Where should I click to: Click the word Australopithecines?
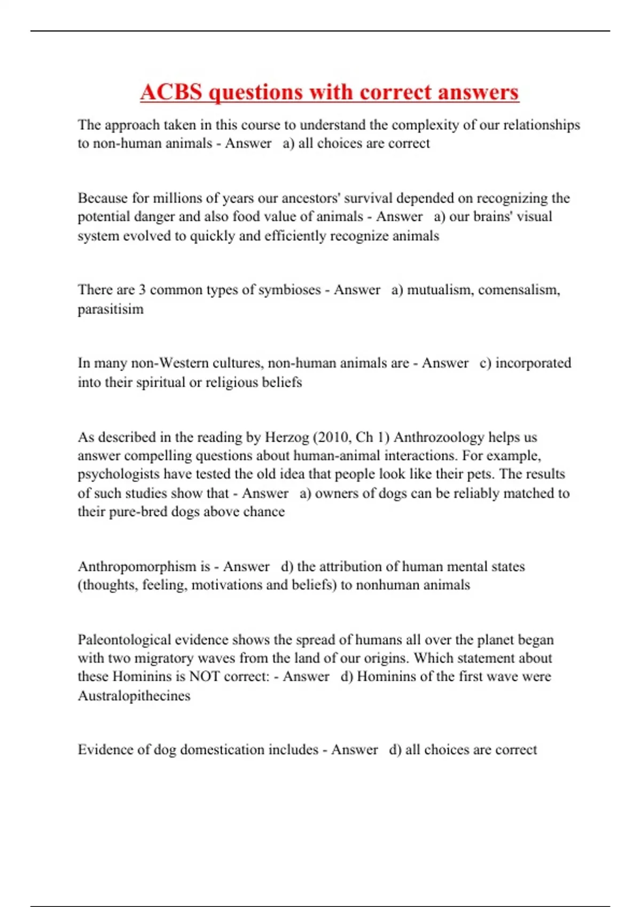[134, 696]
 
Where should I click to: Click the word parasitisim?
[111, 309]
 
